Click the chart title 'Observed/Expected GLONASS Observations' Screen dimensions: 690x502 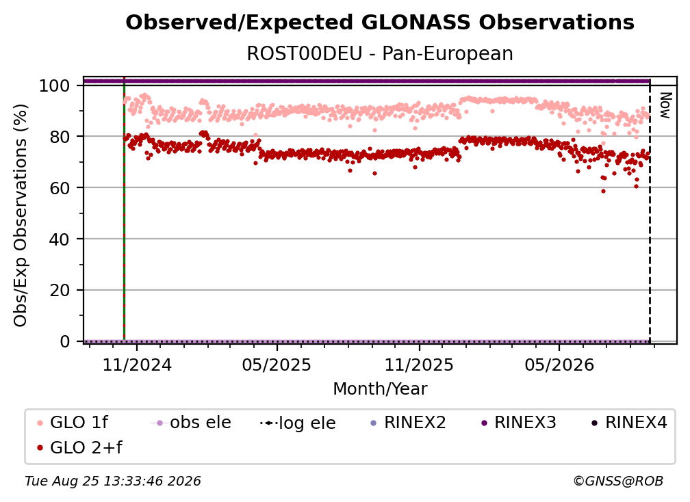tap(380, 23)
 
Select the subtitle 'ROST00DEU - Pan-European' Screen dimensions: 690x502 tap(380, 53)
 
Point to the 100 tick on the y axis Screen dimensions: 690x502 tap(55, 85)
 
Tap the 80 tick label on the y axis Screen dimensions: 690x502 tap(60, 137)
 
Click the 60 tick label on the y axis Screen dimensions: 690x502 tap(60, 188)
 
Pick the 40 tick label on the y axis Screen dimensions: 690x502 tap(60, 239)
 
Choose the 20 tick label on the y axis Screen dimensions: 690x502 tap(60, 291)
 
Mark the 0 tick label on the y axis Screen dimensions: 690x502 tap(65, 341)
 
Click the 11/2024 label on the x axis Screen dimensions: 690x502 tap(137, 365)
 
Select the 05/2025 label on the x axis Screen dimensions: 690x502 tap(277, 365)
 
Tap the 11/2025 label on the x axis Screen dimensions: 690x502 tap(419, 365)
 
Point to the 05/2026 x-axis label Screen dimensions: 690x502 tap(559, 365)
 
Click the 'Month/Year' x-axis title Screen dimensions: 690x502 tap(380, 388)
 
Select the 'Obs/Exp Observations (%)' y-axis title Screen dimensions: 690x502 tap(21, 215)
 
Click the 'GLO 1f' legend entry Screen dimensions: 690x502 tap(73, 423)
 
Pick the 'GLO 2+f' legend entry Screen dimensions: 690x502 tap(79, 448)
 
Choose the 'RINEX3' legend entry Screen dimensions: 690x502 tap(519, 423)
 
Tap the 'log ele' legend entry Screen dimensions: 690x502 tap(298, 423)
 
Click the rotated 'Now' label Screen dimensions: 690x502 tap(665, 105)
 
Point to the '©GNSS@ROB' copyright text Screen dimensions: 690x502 tap(618, 481)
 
